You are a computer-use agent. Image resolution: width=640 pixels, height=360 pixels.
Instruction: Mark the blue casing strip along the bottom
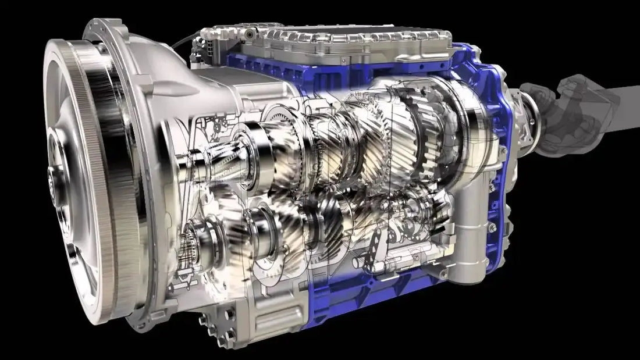349,308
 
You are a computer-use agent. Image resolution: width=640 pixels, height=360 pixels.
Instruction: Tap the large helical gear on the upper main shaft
361,140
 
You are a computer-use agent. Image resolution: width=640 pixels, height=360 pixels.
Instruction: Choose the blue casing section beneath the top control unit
262,64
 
